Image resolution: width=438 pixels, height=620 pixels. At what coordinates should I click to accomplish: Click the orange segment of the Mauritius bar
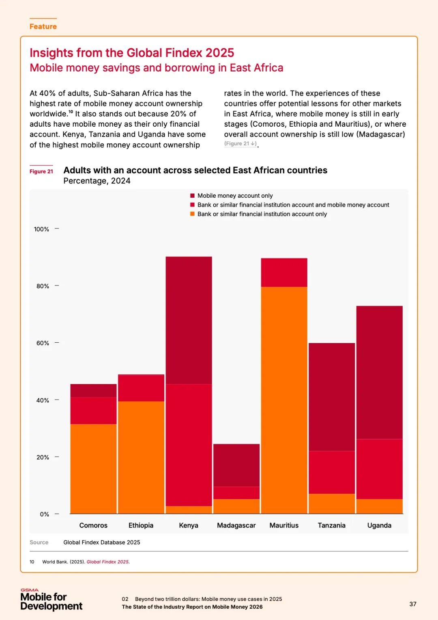[284, 400]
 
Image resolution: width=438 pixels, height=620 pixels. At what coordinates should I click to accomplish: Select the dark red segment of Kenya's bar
[189, 320]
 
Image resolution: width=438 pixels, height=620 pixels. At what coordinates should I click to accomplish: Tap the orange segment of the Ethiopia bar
[141, 457]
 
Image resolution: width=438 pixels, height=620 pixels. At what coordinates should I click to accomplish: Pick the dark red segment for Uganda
[379, 372]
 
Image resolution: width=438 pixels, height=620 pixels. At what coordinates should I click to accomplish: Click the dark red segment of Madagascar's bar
[236, 465]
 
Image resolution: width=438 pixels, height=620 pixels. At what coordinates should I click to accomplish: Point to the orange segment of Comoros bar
[93, 469]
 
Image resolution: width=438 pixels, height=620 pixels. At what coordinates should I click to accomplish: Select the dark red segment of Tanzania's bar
[332, 397]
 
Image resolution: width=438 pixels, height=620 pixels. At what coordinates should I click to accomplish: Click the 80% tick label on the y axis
[43, 286]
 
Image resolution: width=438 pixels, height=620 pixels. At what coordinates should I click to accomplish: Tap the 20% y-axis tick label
[43, 457]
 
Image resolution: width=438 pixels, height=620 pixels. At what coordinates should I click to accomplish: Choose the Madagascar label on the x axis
[236, 525]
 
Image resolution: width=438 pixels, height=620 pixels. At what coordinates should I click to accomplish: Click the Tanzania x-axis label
[332, 525]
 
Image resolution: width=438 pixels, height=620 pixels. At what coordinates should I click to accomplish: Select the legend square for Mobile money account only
[192, 196]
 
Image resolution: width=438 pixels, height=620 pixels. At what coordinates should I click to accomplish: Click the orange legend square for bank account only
[192, 214]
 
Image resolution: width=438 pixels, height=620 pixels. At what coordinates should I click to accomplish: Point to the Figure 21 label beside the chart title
[41, 171]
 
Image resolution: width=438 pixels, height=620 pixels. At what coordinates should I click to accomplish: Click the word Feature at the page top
[43, 26]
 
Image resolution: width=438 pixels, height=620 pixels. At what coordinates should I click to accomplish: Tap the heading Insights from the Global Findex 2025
[132, 53]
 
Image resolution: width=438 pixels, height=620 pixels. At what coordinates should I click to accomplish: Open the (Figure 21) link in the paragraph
[240, 144]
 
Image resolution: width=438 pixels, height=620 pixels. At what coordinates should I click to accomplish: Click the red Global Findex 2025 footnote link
[108, 562]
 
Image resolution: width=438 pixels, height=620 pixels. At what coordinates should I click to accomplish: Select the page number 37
[413, 604]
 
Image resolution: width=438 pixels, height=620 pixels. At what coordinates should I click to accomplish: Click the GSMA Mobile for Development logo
[51, 600]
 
